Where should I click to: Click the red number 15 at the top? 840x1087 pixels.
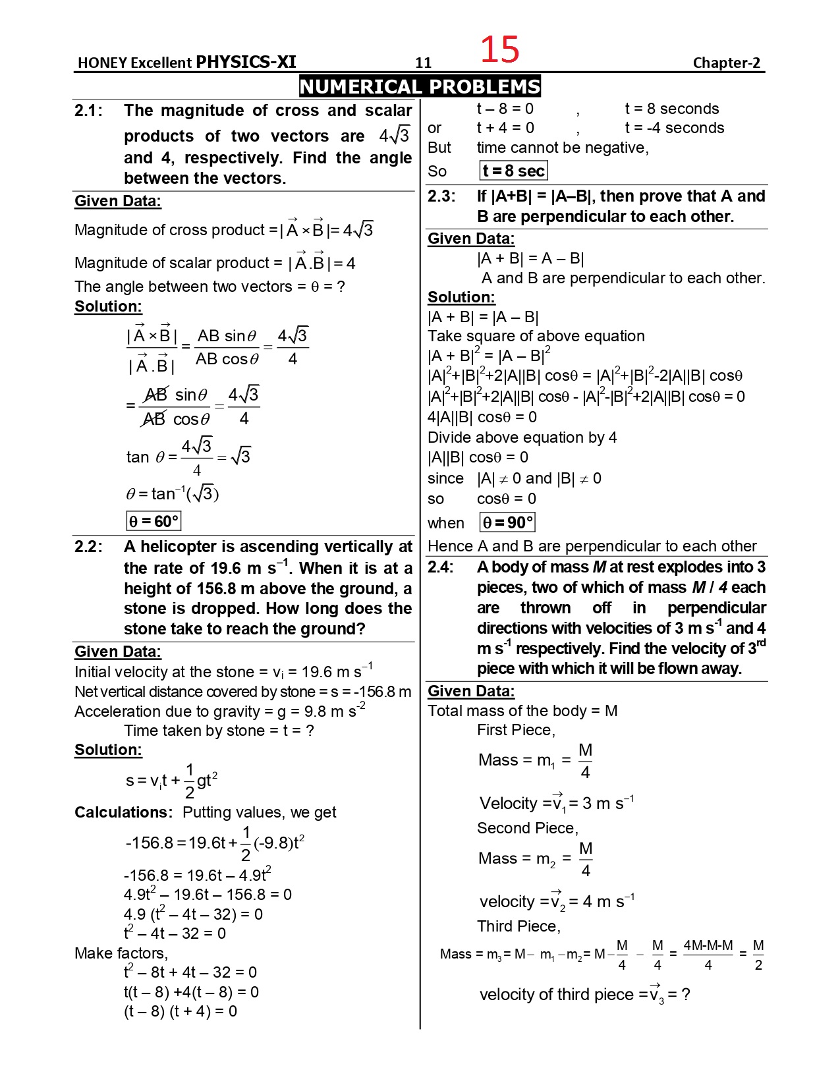(x=499, y=49)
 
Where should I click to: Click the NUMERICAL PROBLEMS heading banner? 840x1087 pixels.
(x=420, y=86)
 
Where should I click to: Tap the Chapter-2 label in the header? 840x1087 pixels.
(x=726, y=63)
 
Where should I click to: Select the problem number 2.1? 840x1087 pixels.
(x=88, y=111)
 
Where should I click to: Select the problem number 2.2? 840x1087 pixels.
(x=88, y=547)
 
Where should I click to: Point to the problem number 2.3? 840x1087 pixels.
(x=441, y=196)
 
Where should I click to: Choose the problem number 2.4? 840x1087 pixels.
(x=441, y=567)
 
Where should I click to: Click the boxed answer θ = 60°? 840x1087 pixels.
(x=154, y=522)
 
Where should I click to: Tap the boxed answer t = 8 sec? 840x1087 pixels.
(x=513, y=171)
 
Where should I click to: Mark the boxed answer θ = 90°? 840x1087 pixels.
(x=507, y=523)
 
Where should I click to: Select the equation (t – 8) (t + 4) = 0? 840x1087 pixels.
(x=181, y=1011)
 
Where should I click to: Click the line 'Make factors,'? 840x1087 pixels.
(x=121, y=953)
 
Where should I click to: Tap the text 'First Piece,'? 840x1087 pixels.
(x=516, y=730)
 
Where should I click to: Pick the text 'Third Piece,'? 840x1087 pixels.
(x=518, y=926)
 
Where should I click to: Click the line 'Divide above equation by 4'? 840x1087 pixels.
(x=522, y=437)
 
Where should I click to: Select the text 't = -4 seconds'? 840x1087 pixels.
(x=674, y=128)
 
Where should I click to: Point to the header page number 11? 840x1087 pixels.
(x=423, y=63)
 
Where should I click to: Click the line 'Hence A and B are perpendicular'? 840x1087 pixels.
(x=592, y=546)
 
